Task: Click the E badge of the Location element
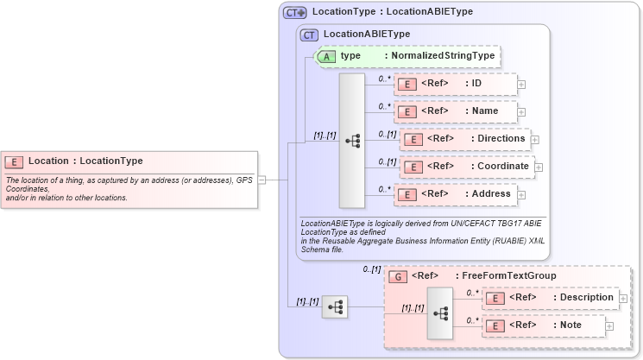(x=14, y=161)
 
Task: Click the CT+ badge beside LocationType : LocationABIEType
(x=295, y=12)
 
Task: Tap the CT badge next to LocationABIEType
(x=309, y=35)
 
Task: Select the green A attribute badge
(x=327, y=56)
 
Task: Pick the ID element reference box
(x=455, y=84)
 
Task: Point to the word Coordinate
(x=501, y=167)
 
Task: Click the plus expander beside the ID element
(x=521, y=85)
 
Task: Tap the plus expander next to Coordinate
(x=539, y=167)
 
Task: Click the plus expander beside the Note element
(x=609, y=326)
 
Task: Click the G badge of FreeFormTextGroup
(x=398, y=276)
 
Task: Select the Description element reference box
(x=550, y=298)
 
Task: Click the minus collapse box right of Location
(x=262, y=180)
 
